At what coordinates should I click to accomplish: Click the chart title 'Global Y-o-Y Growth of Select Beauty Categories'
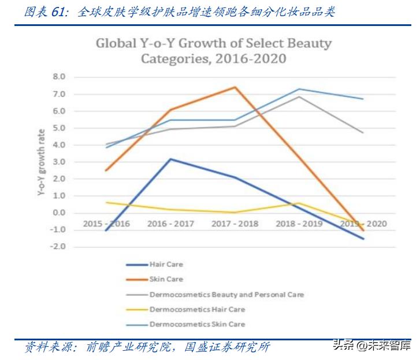click(x=214, y=51)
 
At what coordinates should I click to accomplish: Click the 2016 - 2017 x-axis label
click(x=170, y=224)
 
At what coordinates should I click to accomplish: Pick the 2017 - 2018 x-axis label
click(x=235, y=224)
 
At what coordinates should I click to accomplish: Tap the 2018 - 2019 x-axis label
click(x=299, y=224)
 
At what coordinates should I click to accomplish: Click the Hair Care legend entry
click(x=166, y=265)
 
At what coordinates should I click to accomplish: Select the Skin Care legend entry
click(x=166, y=279)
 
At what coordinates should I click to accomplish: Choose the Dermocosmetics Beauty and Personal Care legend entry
click(x=226, y=294)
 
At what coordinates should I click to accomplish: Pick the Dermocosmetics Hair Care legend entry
click(x=197, y=309)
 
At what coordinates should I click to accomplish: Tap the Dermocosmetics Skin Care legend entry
click(x=197, y=324)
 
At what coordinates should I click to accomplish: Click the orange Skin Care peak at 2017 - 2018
click(x=235, y=87)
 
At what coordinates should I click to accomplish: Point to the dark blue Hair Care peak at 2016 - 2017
click(x=170, y=159)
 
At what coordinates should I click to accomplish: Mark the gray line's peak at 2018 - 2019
click(x=299, y=97)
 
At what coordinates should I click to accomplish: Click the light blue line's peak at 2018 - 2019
click(x=299, y=89)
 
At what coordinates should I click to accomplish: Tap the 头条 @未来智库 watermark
click(x=370, y=346)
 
